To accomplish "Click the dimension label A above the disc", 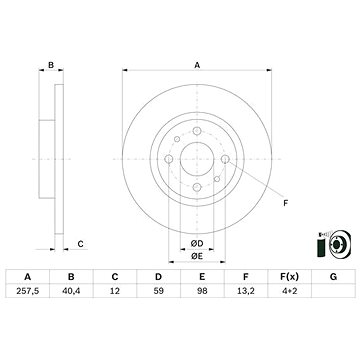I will click(x=196, y=65).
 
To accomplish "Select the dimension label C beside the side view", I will click(x=81, y=243).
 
